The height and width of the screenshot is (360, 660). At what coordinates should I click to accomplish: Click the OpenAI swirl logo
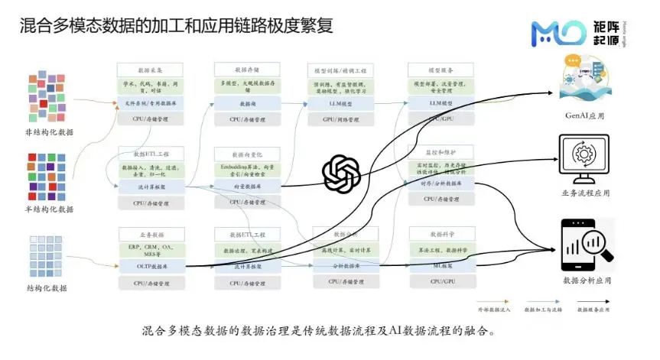(341, 172)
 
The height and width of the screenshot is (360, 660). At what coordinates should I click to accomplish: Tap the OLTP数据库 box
(150, 266)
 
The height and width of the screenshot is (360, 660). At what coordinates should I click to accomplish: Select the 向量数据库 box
(248, 186)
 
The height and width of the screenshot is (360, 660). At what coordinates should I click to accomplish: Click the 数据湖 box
(248, 103)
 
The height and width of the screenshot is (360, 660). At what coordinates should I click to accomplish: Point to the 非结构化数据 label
(50, 131)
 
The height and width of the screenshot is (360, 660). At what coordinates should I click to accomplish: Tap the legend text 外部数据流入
(493, 310)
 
